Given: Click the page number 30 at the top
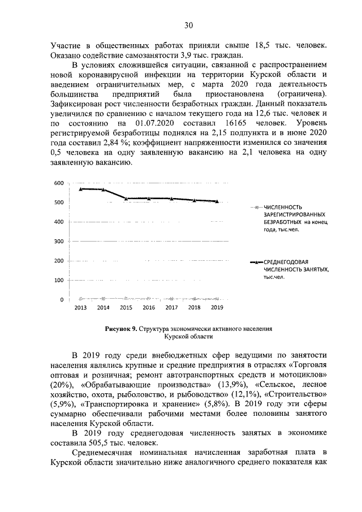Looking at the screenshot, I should pos(189,25).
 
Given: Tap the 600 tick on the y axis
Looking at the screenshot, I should pos(58,183).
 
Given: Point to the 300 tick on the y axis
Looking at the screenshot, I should pos(58,242).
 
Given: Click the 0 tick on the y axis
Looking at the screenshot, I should pos(61,299).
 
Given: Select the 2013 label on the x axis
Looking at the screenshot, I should pos(80,308).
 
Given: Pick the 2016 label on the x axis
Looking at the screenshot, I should pos(149,308).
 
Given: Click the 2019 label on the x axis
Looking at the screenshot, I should pos(217,308).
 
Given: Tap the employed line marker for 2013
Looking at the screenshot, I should pos(81,188).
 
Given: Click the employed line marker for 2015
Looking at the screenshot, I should pos(126,199).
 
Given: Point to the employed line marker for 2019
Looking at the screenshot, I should pos(217,201).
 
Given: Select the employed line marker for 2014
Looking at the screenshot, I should pos(104,189).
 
